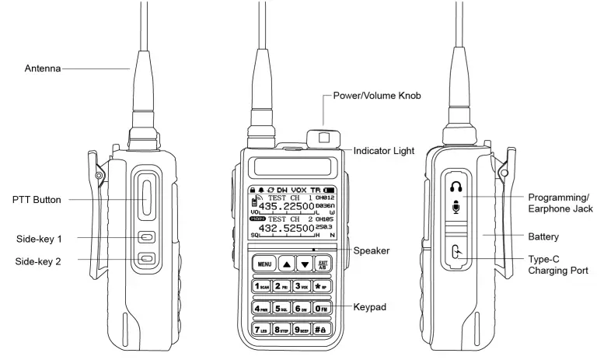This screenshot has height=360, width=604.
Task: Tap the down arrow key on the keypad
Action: tap(305, 264)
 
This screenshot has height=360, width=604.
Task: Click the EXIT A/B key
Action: tap(323, 264)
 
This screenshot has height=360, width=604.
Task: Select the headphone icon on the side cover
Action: tap(455, 186)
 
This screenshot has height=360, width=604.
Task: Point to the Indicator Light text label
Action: tap(383, 150)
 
